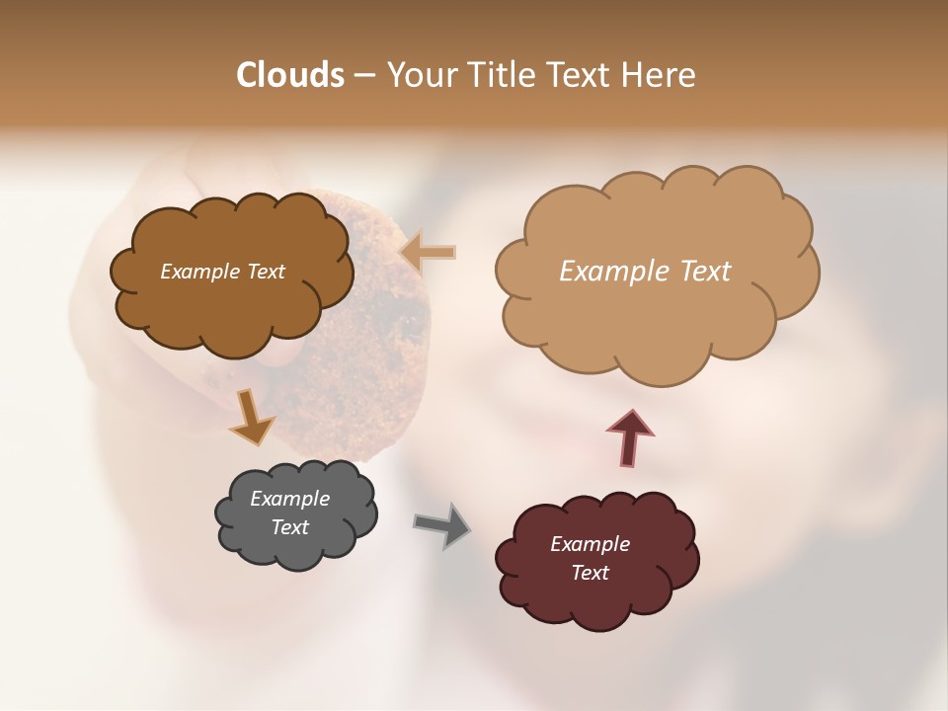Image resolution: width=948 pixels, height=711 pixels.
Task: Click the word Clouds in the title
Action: click(290, 75)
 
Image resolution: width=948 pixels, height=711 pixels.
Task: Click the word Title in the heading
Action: click(500, 75)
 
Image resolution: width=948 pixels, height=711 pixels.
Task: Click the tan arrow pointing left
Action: click(429, 253)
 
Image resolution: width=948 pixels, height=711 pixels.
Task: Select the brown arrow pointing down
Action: click(251, 416)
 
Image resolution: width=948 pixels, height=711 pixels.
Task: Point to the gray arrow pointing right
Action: click(442, 524)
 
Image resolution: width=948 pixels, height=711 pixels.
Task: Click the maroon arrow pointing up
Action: click(630, 437)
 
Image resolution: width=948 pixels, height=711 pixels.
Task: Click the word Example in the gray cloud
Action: click(289, 499)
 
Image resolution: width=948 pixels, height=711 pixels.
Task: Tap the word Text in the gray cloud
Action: click(290, 527)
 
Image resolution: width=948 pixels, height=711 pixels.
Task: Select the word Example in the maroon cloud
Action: click(590, 544)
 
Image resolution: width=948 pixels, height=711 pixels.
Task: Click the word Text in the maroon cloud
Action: click(591, 573)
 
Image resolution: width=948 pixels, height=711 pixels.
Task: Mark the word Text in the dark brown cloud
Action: click(265, 272)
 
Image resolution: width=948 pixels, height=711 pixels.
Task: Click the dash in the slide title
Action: click(363, 75)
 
